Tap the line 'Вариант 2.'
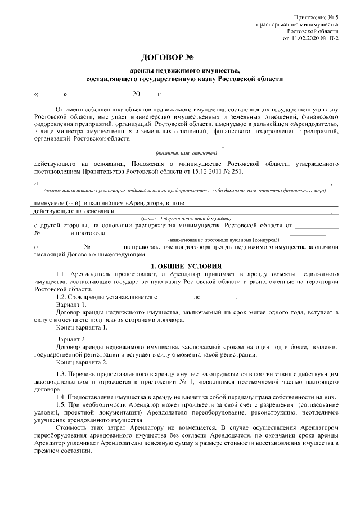(71, 339)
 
